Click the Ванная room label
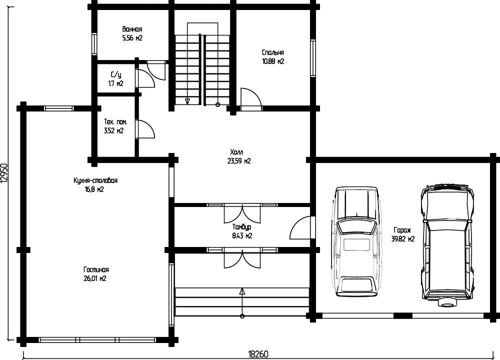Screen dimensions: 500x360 pos(132,29)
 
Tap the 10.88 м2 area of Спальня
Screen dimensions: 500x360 pos(273,61)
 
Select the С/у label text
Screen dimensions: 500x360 pos(116,75)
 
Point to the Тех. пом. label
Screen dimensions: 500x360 pos(115,122)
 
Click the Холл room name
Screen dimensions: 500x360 pos(236,152)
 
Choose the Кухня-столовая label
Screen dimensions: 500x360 pos(95,180)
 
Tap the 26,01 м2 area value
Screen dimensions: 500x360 pos(94,278)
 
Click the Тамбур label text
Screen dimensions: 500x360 pos(241,227)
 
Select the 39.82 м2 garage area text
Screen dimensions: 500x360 pos(402,239)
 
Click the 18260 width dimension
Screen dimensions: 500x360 pos(258,354)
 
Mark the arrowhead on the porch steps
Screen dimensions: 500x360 pos(242,291)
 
